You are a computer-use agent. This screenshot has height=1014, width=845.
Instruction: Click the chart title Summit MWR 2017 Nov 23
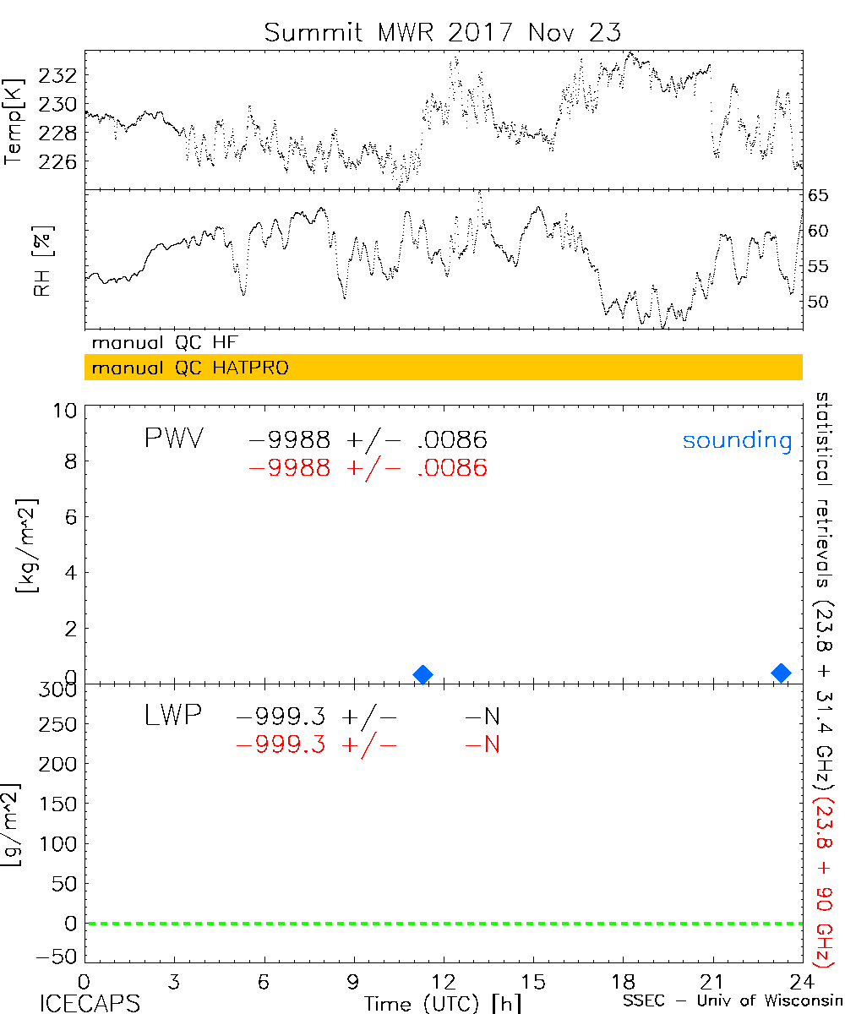click(x=443, y=32)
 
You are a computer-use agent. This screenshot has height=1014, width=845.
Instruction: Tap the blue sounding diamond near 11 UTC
click(x=423, y=673)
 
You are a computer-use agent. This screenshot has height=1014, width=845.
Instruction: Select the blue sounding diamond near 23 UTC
click(x=782, y=673)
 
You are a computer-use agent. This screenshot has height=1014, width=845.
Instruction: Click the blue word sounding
click(x=738, y=440)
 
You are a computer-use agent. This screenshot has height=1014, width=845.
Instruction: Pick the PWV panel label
click(x=173, y=439)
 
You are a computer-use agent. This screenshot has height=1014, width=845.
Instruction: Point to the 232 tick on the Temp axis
click(x=64, y=76)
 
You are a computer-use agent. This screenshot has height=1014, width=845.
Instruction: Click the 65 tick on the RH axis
click(x=819, y=196)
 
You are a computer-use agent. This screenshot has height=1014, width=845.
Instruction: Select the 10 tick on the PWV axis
click(x=68, y=411)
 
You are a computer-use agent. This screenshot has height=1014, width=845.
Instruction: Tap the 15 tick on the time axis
click(x=533, y=982)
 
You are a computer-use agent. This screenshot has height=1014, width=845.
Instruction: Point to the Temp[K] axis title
click(x=14, y=122)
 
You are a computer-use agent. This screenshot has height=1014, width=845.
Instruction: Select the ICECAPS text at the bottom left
click(x=90, y=1003)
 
